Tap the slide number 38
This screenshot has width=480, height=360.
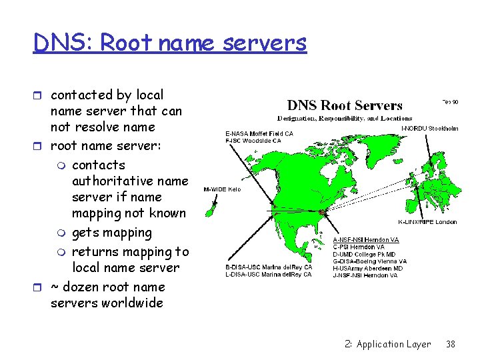[450, 345]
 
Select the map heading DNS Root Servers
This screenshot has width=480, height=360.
[345, 105]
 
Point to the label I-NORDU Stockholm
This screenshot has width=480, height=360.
[429, 128]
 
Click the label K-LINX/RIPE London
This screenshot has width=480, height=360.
[427, 222]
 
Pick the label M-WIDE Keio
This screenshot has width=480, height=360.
[222, 189]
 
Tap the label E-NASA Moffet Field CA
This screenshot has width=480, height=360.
[259, 133]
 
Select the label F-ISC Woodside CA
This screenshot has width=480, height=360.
[253, 141]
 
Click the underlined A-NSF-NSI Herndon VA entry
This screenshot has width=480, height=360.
[365, 240]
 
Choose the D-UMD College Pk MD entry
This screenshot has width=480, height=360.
[364, 255]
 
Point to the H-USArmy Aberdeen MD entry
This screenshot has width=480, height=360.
[367, 269]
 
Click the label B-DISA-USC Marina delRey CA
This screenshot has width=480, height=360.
[268, 267]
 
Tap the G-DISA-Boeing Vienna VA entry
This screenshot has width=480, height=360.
[369, 261]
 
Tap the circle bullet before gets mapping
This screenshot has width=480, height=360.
[62, 233]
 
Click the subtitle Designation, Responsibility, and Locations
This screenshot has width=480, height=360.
[345, 118]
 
